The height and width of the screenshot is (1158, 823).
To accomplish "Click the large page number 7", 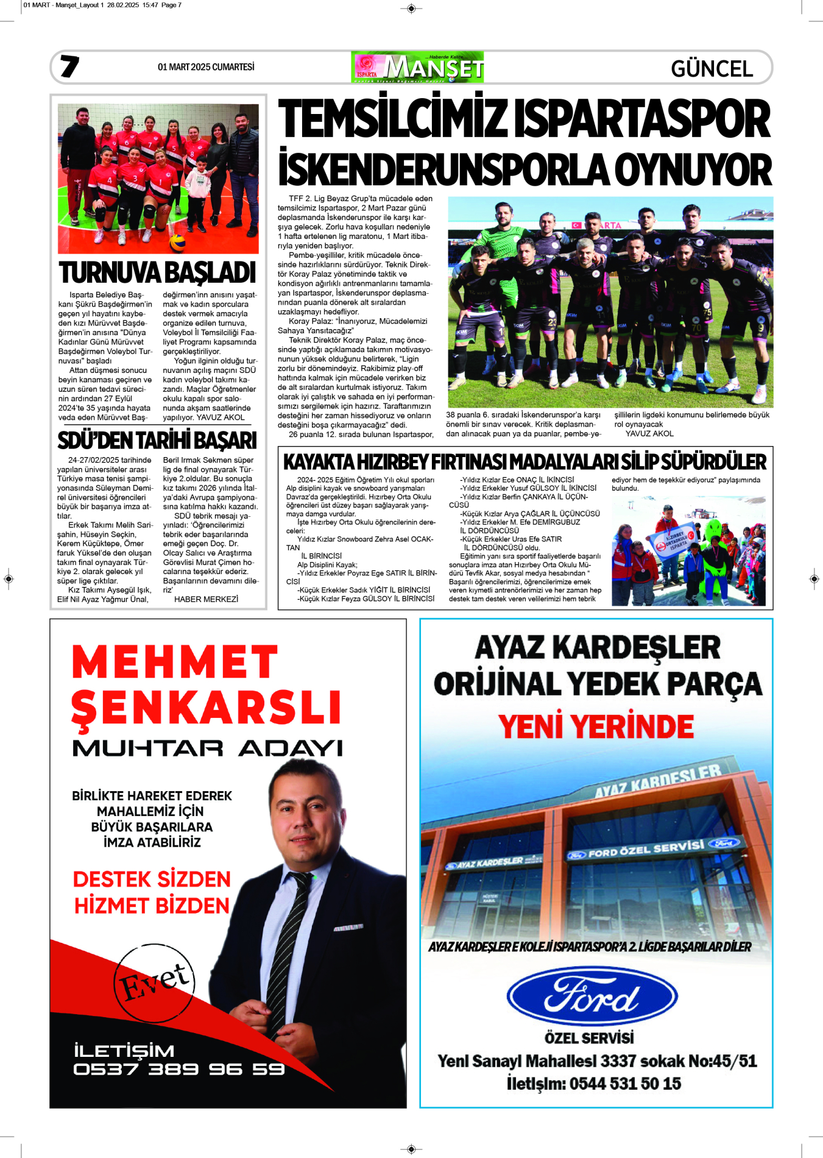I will click(69, 66).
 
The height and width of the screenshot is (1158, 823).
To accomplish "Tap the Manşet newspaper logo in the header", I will click(418, 67).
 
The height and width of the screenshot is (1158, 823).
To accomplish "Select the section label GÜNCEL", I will click(712, 69).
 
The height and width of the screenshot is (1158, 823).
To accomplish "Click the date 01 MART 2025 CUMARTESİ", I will click(206, 67).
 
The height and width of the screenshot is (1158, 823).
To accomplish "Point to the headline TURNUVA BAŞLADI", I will click(157, 272).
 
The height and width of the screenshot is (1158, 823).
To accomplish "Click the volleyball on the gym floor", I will click(177, 243).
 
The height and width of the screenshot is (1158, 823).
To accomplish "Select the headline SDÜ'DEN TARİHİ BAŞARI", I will click(157, 440).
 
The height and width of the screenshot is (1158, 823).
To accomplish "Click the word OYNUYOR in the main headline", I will click(693, 169).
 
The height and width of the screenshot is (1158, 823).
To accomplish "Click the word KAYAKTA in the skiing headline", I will click(319, 462).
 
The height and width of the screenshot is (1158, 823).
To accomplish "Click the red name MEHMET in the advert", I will click(175, 662).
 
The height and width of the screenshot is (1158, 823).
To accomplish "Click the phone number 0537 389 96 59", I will click(178, 1069).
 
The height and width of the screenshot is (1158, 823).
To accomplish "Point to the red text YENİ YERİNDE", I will click(596, 726).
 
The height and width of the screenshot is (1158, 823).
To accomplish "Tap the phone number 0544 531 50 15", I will click(624, 1084).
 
